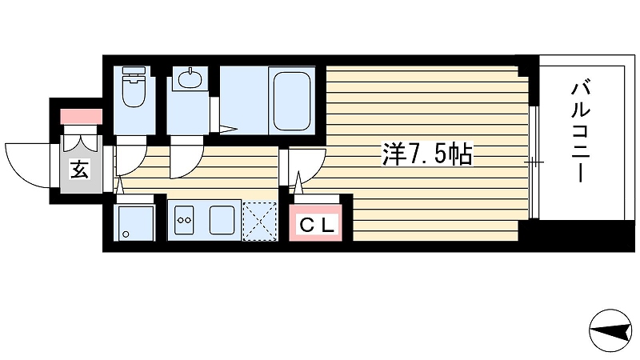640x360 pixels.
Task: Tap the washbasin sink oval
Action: coord(190,78)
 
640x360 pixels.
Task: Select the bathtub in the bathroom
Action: coord(292,101)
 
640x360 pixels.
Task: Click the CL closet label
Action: coord(316,225)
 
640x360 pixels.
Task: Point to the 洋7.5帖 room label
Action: coord(427,154)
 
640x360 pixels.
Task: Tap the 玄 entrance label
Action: coord(79,169)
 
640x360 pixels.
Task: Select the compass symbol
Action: coord(610,330)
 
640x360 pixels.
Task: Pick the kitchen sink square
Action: coord(222,220)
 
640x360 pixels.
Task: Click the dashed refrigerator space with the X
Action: coord(259,221)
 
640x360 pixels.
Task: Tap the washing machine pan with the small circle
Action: coord(135,222)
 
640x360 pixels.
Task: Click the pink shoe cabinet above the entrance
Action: coord(82,116)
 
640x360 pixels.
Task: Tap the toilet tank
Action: coord(134,72)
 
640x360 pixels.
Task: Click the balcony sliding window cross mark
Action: coord(534,162)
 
